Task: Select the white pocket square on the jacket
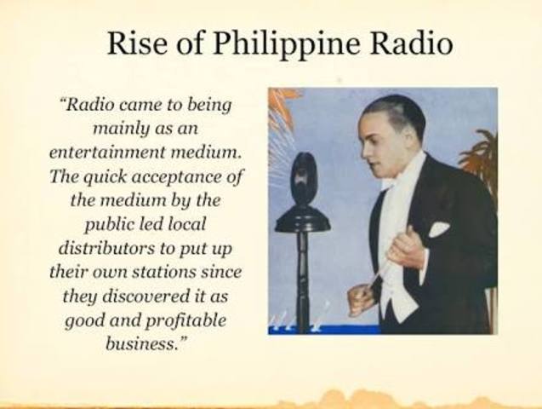tap(439, 229)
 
